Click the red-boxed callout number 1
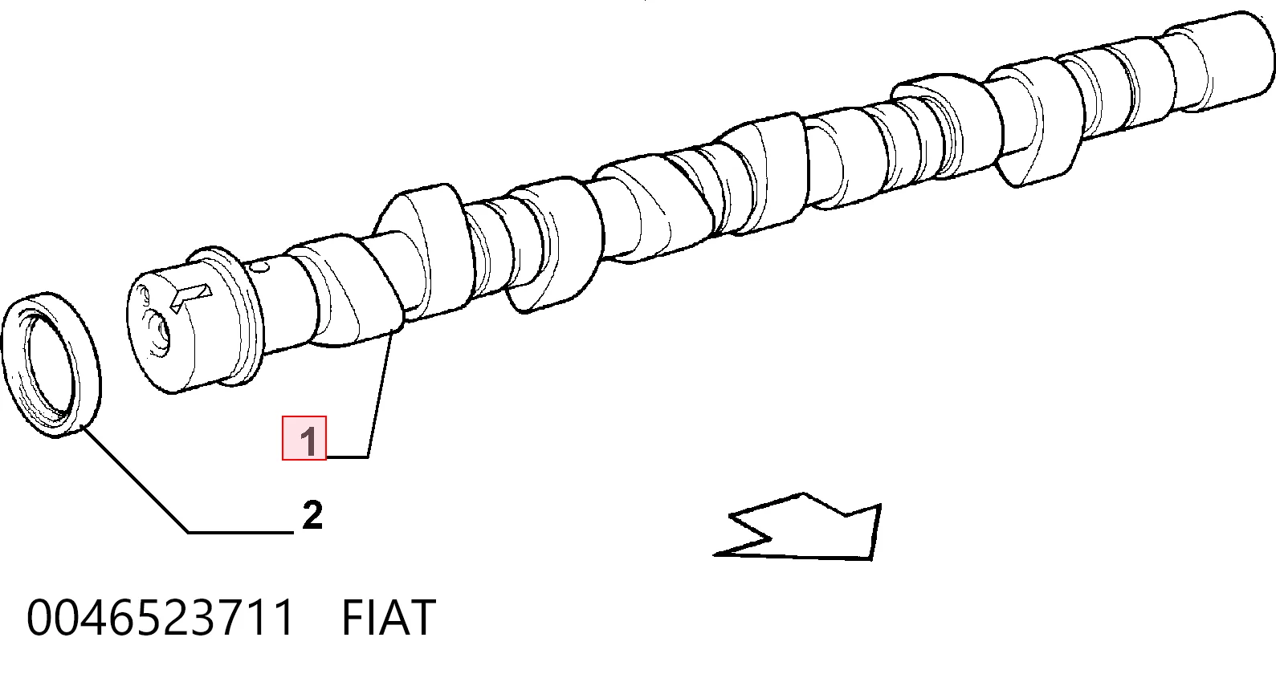[304, 438]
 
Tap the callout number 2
[312, 516]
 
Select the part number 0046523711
[160, 618]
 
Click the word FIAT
[389, 618]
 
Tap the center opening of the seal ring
[50, 364]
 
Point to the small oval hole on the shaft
[261, 266]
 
